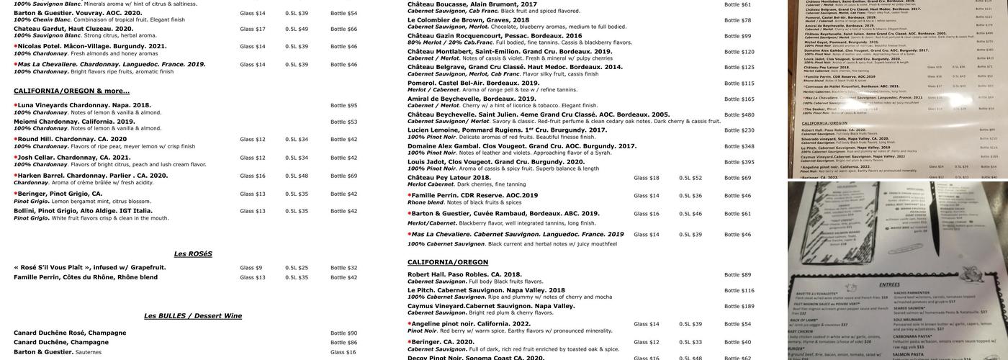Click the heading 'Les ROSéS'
(193, 254)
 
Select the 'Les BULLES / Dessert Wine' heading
(193, 316)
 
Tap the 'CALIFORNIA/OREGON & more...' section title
(71, 91)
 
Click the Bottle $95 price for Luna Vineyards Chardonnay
(343, 106)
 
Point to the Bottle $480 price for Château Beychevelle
(739, 115)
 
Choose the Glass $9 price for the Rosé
(251, 268)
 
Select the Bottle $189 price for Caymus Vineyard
(739, 307)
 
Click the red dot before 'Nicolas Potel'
(16, 46)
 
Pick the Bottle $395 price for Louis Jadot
(739, 163)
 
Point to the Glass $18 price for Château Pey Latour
(646, 178)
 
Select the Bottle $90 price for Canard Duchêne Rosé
(343, 333)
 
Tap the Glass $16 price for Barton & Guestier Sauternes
(343, 353)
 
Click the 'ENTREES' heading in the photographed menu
(889, 285)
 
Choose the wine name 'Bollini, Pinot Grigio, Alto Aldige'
(83, 211)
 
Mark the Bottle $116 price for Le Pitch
(739, 291)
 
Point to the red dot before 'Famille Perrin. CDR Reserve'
(410, 195)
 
